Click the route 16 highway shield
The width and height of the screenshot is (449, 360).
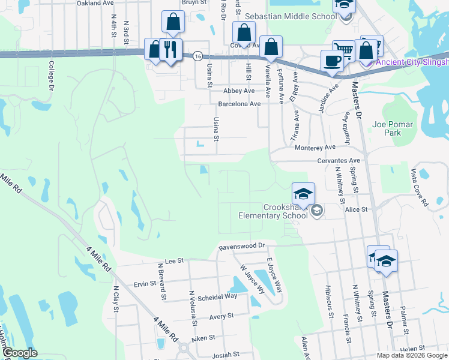click(x=197, y=56)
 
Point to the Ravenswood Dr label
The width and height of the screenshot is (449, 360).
click(x=242, y=246)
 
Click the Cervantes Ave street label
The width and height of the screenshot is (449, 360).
click(x=339, y=161)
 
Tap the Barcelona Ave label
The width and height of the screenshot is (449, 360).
click(x=239, y=104)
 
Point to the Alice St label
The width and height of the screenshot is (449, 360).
click(x=356, y=209)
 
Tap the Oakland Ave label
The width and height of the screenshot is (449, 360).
click(x=95, y=3)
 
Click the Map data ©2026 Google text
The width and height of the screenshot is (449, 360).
click(x=412, y=355)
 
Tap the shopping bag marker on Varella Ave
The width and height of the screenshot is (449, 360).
click(x=271, y=47)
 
